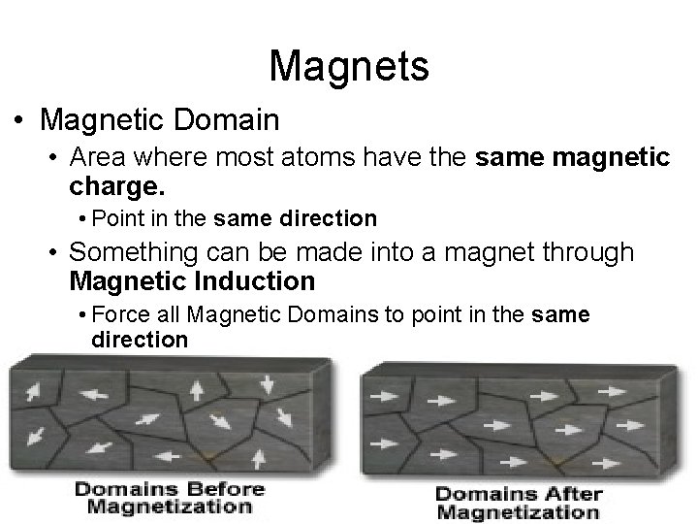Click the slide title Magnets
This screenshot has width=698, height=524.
coord(349,66)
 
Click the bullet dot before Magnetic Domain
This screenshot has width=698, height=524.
coord(19,121)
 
